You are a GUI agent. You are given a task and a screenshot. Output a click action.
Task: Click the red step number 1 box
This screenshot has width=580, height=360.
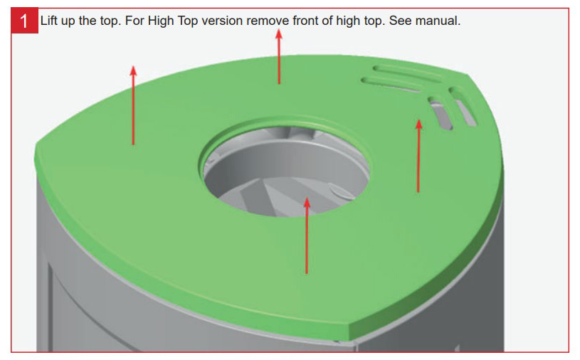pos(24,21)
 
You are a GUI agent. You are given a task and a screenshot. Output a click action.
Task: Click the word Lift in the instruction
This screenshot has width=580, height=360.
pos(48,21)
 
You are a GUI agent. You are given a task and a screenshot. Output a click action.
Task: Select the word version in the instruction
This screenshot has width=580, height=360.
pos(222,21)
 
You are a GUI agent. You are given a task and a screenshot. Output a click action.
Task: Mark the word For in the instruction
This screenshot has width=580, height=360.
pos(135,21)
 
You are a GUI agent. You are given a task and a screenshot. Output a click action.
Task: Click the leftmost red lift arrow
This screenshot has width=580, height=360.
pos(133,105)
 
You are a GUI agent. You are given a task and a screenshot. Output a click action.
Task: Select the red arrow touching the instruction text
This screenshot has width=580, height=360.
pos(279,57)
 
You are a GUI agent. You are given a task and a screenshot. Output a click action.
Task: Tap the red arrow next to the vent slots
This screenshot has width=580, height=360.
pos(418,156)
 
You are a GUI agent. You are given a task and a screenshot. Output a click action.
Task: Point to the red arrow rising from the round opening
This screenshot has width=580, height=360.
pos(307,235)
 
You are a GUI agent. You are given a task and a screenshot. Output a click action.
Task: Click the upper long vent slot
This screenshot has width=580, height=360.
pos(406,74)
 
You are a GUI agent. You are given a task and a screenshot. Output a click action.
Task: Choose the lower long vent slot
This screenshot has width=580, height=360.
pos(391,85)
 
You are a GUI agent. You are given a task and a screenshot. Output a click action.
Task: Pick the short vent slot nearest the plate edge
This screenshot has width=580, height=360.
pos(463,107)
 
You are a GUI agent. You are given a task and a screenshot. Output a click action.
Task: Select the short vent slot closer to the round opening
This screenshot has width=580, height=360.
pos(441,113)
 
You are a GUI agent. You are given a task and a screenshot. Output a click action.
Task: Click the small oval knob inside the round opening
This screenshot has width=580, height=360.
pos(339,191)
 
